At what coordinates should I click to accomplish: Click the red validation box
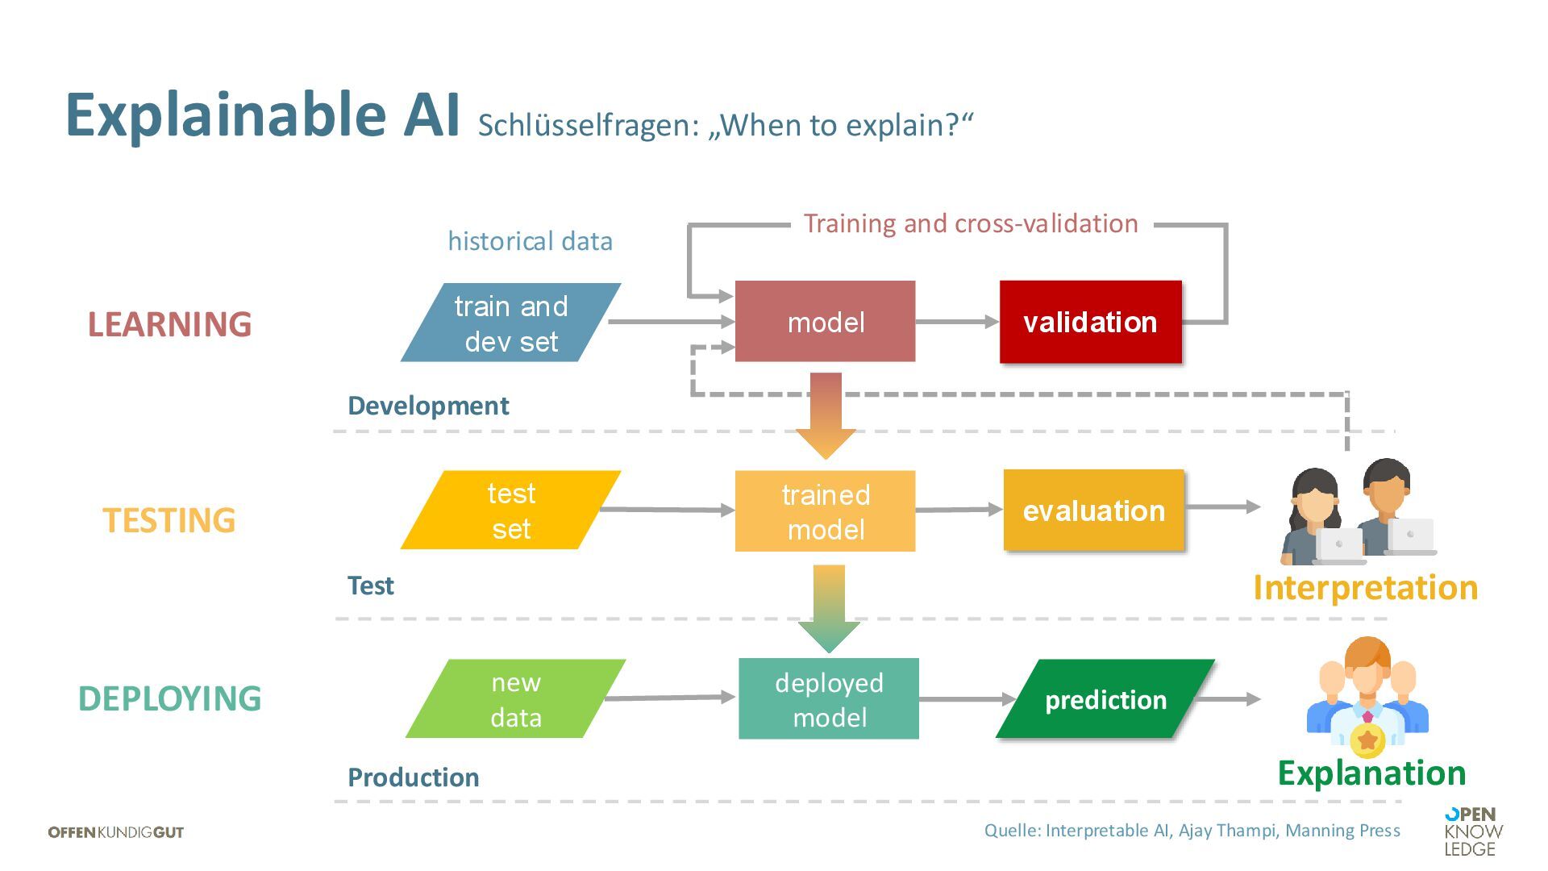[x=1090, y=322]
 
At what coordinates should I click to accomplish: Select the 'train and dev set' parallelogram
[x=510, y=323]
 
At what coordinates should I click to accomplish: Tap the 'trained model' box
[x=825, y=511]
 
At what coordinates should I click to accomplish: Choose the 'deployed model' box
[x=828, y=698]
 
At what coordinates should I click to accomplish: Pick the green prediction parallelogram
[x=1105, y=699]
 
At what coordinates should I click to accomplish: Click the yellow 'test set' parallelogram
[x=510, y=511]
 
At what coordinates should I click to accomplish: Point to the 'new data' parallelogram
[x=515, y=698]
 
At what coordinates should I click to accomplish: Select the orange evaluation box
[x=1093, y=511]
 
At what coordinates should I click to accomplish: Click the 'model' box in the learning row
[x=825, y=322]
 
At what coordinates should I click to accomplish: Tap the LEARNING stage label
[x=169, y=324]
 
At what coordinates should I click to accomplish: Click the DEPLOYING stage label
[x=169, y=698]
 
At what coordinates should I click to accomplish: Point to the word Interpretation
[x=1365, y=587]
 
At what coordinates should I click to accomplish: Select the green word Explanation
[x=1371, y=773]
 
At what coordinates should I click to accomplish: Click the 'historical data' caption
[x=530, y=241]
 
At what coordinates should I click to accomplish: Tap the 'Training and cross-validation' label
[x=971, y=223]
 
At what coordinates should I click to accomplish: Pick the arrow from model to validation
[x=957, y=322]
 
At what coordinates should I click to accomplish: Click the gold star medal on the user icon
[x=1367, y=740]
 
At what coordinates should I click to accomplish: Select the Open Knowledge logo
[x=1472, y=831]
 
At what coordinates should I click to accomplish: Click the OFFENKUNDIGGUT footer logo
[x=116, y=832]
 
